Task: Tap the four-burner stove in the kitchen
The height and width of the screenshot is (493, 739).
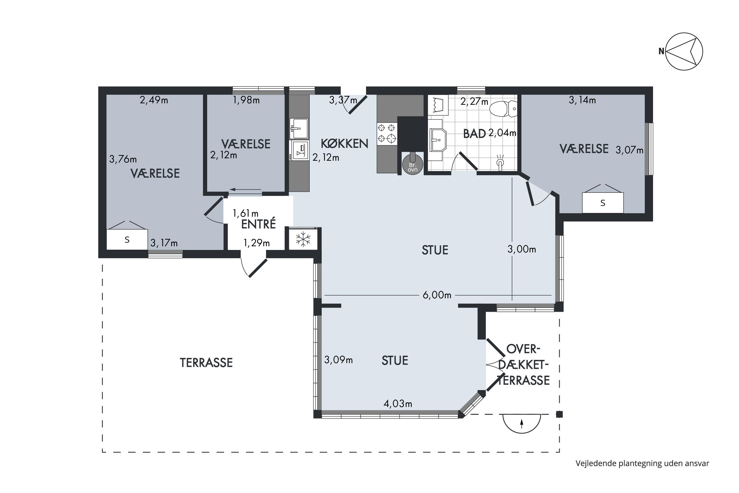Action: [x=387, y=133]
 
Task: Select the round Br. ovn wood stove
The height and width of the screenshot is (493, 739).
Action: [x=413, y=164]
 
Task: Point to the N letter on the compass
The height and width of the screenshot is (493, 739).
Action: [x=661, y=51]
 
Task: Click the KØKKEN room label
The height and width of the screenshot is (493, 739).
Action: [x=344, y=144]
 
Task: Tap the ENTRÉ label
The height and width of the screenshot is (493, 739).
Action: [x=258, y=224]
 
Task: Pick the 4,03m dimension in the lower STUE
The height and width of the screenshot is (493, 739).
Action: [x=398, y=404]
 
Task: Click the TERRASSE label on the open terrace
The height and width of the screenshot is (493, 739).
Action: [x=206, y=363]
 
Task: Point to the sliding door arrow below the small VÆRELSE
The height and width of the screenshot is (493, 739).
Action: [x=245, y=190]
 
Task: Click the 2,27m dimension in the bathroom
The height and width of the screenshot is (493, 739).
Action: [x=474, y=102]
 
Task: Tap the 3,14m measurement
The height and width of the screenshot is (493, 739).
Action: [x=582, y=100]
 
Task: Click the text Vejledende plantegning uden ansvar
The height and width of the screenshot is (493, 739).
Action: [x=642, y=463]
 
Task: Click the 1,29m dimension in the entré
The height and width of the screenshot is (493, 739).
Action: [x=257, y=243]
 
